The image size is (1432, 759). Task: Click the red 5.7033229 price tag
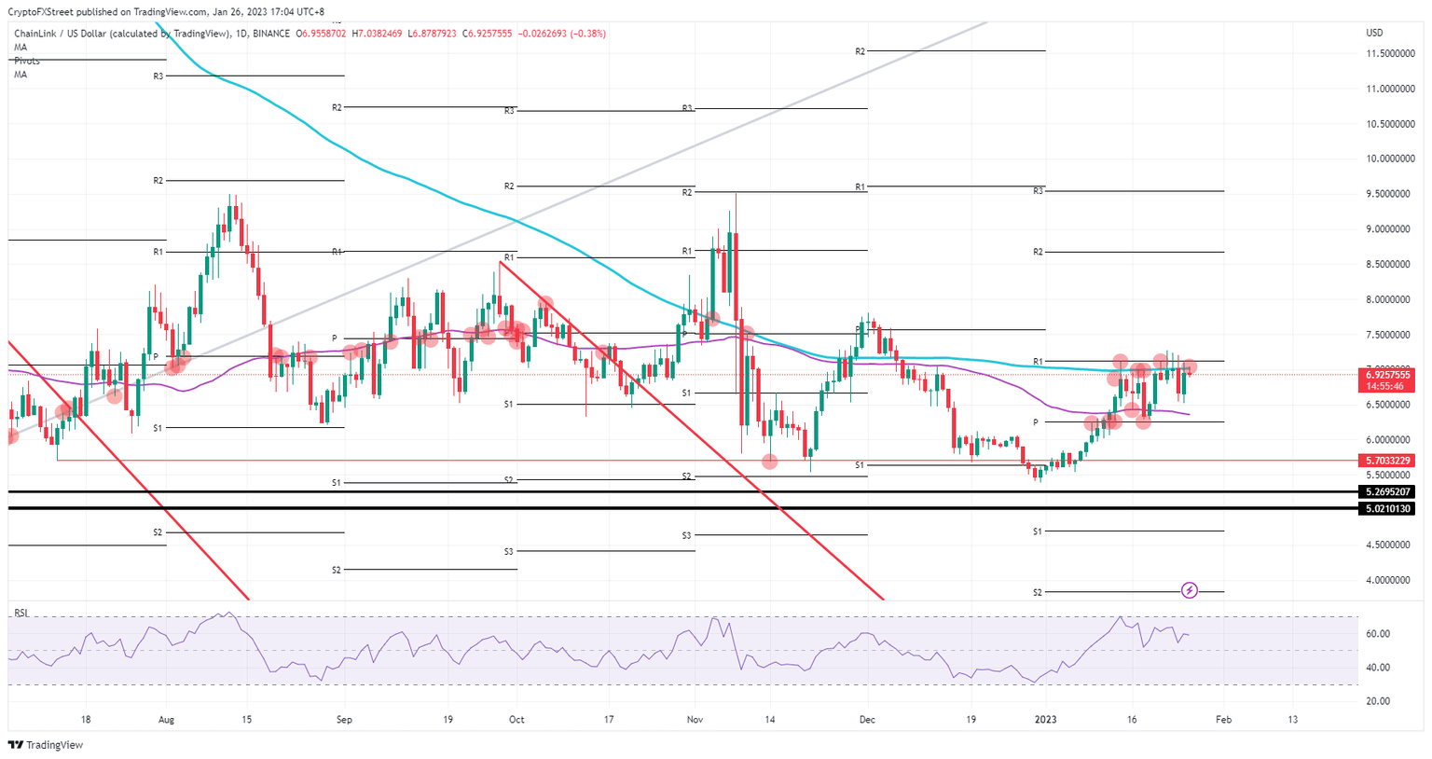click(1388, 461)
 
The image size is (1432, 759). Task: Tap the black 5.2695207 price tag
click(1388, 491)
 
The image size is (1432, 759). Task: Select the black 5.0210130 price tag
click(1388, 509)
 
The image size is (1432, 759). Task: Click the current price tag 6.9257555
click(1388, 375)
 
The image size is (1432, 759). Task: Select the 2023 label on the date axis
click(1046, 720)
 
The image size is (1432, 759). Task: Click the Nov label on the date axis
click(695, 720)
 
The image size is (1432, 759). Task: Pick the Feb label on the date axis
click(1224, 720)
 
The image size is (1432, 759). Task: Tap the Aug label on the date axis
click(166, 720)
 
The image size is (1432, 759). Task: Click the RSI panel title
click(21, 614)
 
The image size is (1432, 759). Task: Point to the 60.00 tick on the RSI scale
click(1377, 634)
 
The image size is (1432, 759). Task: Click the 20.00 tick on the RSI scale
click(1377, 701)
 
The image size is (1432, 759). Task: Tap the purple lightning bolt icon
click(1190, 590)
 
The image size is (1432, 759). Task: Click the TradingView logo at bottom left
click(45, 745)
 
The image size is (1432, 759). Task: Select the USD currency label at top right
click(1374, 33)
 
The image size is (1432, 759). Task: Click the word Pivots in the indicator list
click(27, 61)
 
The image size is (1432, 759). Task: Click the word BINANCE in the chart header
click(272, 34)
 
